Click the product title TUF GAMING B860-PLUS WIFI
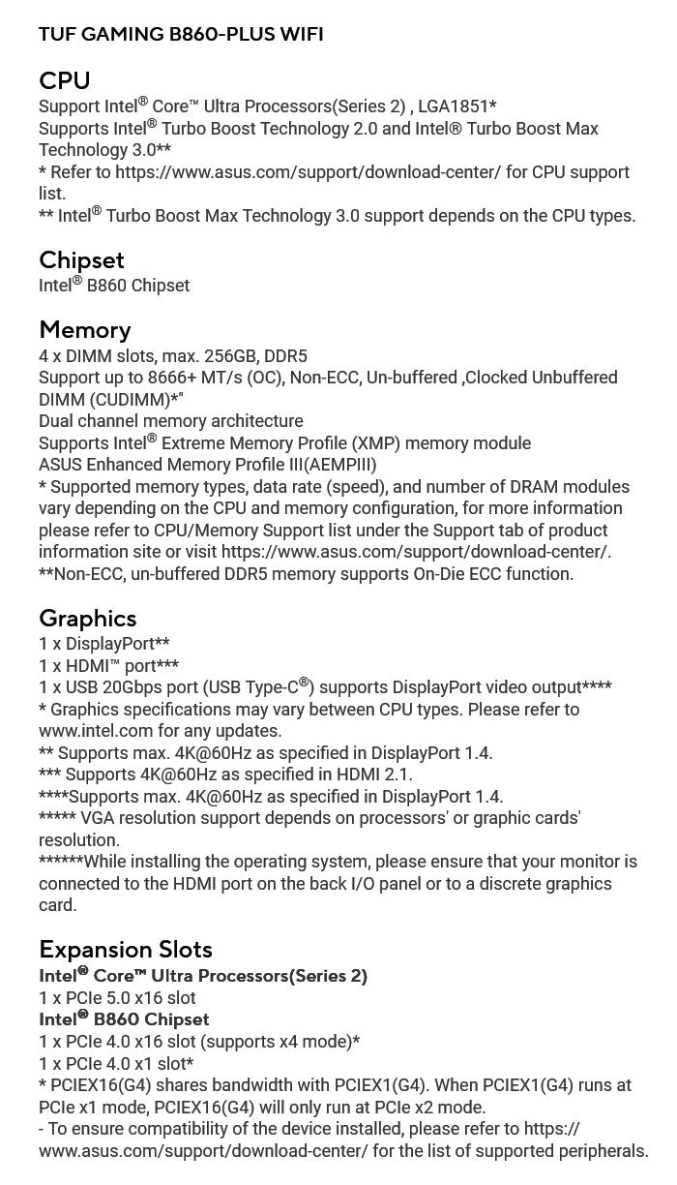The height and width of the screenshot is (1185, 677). coord(181,35)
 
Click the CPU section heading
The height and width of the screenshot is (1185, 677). coord(65,80)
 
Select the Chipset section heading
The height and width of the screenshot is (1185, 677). coord(81,259)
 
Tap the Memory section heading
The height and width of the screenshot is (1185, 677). coord(85,330)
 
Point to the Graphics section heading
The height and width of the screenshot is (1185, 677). coord(87,618)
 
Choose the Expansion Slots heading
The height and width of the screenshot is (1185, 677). coord(126,949)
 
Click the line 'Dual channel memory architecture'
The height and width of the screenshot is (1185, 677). coord(171,421)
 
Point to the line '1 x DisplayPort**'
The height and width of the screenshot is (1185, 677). coord(104,644)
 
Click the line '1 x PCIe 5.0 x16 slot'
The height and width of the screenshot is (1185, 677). coord(117,998)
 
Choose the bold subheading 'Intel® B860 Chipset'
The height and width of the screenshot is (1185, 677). coord(124,1019)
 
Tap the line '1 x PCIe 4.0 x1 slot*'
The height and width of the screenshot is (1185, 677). coord(116,1063)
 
